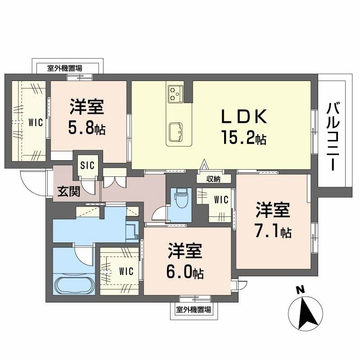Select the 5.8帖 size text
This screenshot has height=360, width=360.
86,128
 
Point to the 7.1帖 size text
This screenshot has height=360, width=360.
273,232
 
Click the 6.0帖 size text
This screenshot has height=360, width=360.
185,271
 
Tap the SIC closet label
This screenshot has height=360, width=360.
87,165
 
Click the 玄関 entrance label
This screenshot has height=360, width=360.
68,192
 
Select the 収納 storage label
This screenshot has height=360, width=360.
214,179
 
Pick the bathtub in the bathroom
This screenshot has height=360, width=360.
74,285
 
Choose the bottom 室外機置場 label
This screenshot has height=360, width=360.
193,310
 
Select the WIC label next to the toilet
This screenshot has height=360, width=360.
221,199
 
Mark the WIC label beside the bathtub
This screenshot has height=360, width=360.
126,271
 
